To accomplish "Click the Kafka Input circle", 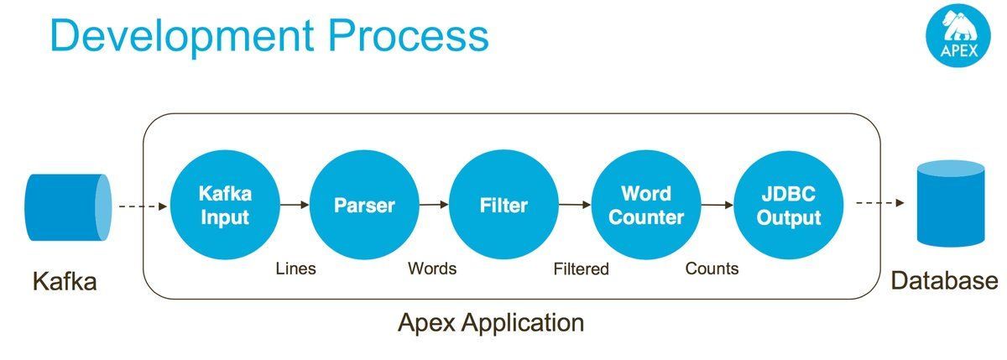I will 224,205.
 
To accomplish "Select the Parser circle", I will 364,205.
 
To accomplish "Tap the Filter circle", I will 503,205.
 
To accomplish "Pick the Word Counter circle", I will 646,205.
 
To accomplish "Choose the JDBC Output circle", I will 788,205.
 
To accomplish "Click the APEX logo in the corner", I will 957,37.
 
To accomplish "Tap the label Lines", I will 296,269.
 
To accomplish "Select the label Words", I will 432,269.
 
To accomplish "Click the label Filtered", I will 581,269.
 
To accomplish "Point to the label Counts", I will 712,269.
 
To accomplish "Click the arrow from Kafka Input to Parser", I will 294,205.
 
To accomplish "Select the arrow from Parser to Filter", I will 434,204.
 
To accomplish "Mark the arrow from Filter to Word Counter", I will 575,204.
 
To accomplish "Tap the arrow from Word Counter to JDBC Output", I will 717,204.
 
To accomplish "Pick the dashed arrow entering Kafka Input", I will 142,206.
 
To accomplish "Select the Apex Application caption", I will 490,322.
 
